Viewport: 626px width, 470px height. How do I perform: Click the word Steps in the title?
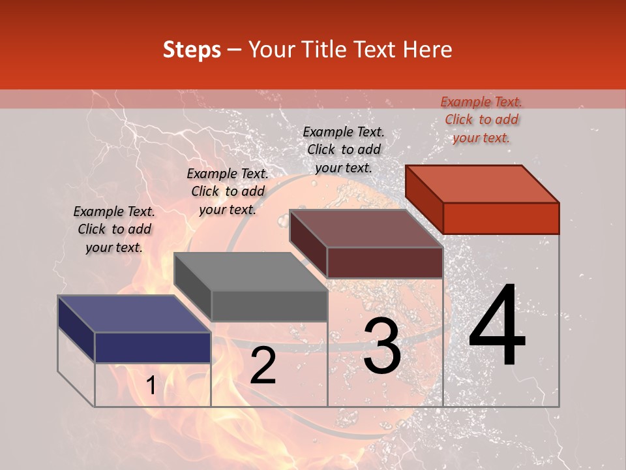point(192,50)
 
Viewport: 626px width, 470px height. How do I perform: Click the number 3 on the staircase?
point(382,346)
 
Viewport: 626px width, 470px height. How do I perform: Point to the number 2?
point(263,366)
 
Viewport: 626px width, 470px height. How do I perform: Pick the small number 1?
point(151,386)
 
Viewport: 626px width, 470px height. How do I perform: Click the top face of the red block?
point(483,183)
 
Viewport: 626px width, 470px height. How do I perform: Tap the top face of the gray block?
point(250,271)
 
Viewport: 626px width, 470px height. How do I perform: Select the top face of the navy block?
point(134,313)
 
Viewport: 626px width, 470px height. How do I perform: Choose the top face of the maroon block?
point(366,228)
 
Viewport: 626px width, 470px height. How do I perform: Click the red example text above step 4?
point(481,119)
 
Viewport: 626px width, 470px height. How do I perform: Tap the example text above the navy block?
point(114,229)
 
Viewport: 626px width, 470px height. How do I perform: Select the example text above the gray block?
point(228,191)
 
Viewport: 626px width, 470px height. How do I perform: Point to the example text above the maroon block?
point(344,149)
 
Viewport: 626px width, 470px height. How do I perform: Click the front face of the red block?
point(501,218)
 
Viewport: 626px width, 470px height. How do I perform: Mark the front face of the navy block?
point(153,347)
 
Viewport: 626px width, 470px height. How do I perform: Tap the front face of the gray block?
point(269,305)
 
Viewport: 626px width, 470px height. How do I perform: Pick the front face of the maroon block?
point(385,262)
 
